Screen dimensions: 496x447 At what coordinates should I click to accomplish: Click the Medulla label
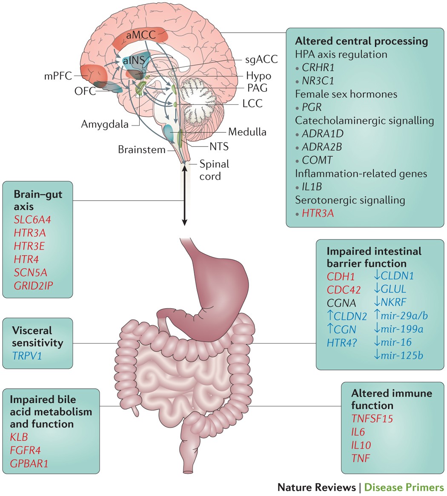[247, 132]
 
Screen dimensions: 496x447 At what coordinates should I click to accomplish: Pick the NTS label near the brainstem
[218, 146]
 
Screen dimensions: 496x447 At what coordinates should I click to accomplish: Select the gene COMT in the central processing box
[317, 160]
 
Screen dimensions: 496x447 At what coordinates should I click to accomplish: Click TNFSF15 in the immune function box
[372, 419]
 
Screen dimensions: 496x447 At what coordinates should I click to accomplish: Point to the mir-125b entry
[403, 355]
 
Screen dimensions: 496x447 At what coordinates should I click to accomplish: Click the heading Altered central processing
[361, 41]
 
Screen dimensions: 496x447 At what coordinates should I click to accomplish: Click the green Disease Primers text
[404, 487]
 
